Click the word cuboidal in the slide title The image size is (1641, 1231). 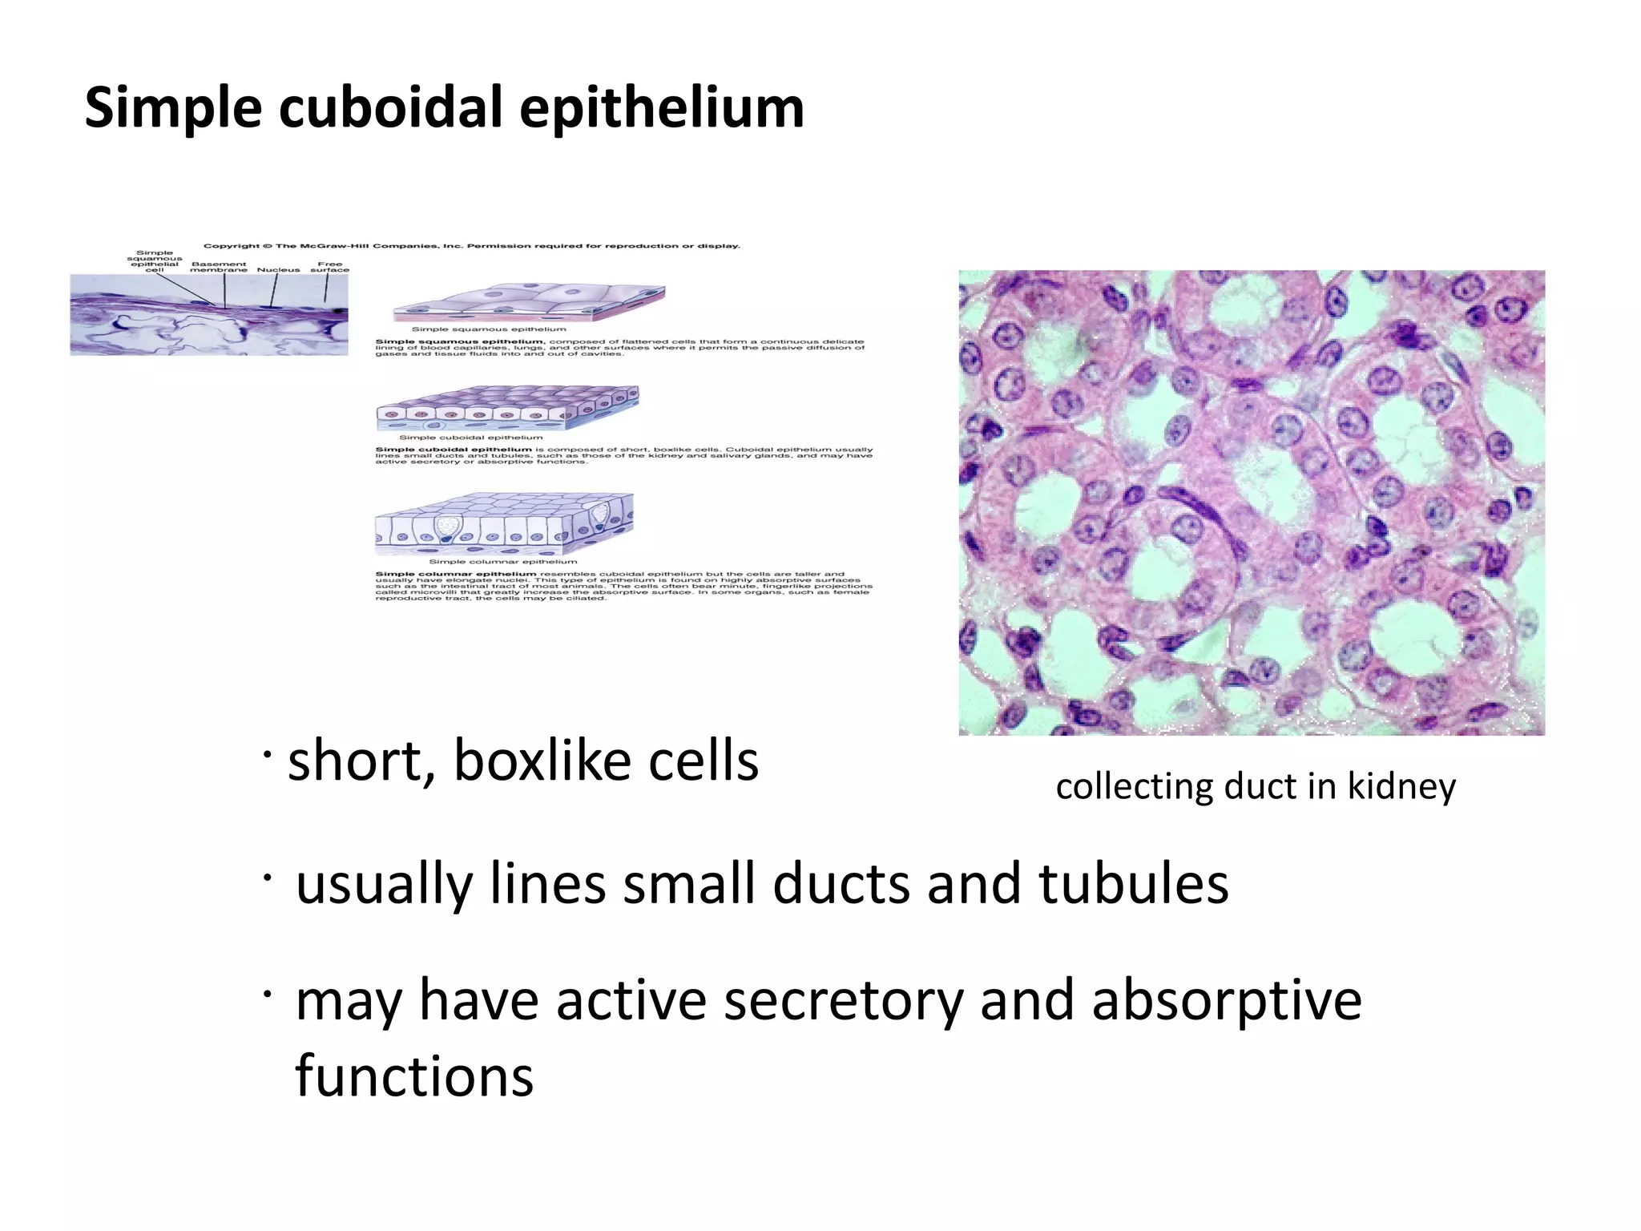(x=393, y=107)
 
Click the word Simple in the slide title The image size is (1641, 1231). (x=172, y=109)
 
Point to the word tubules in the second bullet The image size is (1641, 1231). (x=1133, y=884)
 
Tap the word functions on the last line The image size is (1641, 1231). (x=414, y=1076)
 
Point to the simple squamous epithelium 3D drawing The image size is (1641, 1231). (x=529, y=304)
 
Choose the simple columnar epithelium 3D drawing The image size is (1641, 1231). (x=504, y=524)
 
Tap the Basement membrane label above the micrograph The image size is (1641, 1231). (x=219, y=267)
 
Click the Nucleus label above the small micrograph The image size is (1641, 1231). (x=278, y=270)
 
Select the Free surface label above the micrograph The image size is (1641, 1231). (x=329, y=267)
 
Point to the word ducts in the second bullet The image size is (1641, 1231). (x=842, y=884)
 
